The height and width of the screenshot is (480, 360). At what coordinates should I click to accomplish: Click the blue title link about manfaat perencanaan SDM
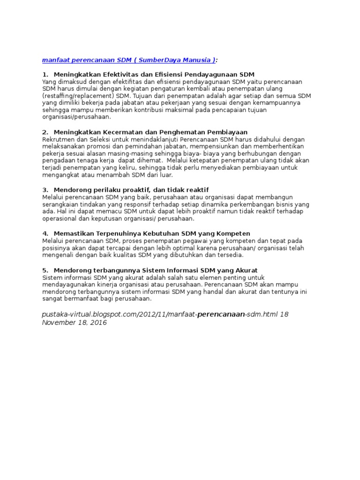[x=129, y=60]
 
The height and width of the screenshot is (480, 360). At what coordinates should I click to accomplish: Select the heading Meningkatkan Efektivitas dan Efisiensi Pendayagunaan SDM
[x=154, y=75]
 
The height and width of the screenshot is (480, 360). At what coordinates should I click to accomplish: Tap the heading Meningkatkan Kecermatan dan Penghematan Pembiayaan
[x=150, y=132]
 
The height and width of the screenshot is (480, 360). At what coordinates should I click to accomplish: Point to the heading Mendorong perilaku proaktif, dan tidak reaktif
[x=131, y=190]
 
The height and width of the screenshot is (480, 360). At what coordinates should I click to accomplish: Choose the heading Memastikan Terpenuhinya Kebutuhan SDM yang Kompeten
[x=152, y=233]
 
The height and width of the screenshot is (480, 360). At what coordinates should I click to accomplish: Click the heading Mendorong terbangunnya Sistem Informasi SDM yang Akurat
[x=155, y=270]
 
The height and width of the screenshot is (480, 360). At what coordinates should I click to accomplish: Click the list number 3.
[x=45, y=190]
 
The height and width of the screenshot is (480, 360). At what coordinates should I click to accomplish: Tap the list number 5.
[x=45, y=270]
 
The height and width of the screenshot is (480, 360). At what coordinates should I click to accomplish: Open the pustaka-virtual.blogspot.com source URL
[x=159, y=314]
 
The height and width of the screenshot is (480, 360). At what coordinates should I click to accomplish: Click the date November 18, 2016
[x=74, y=322]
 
